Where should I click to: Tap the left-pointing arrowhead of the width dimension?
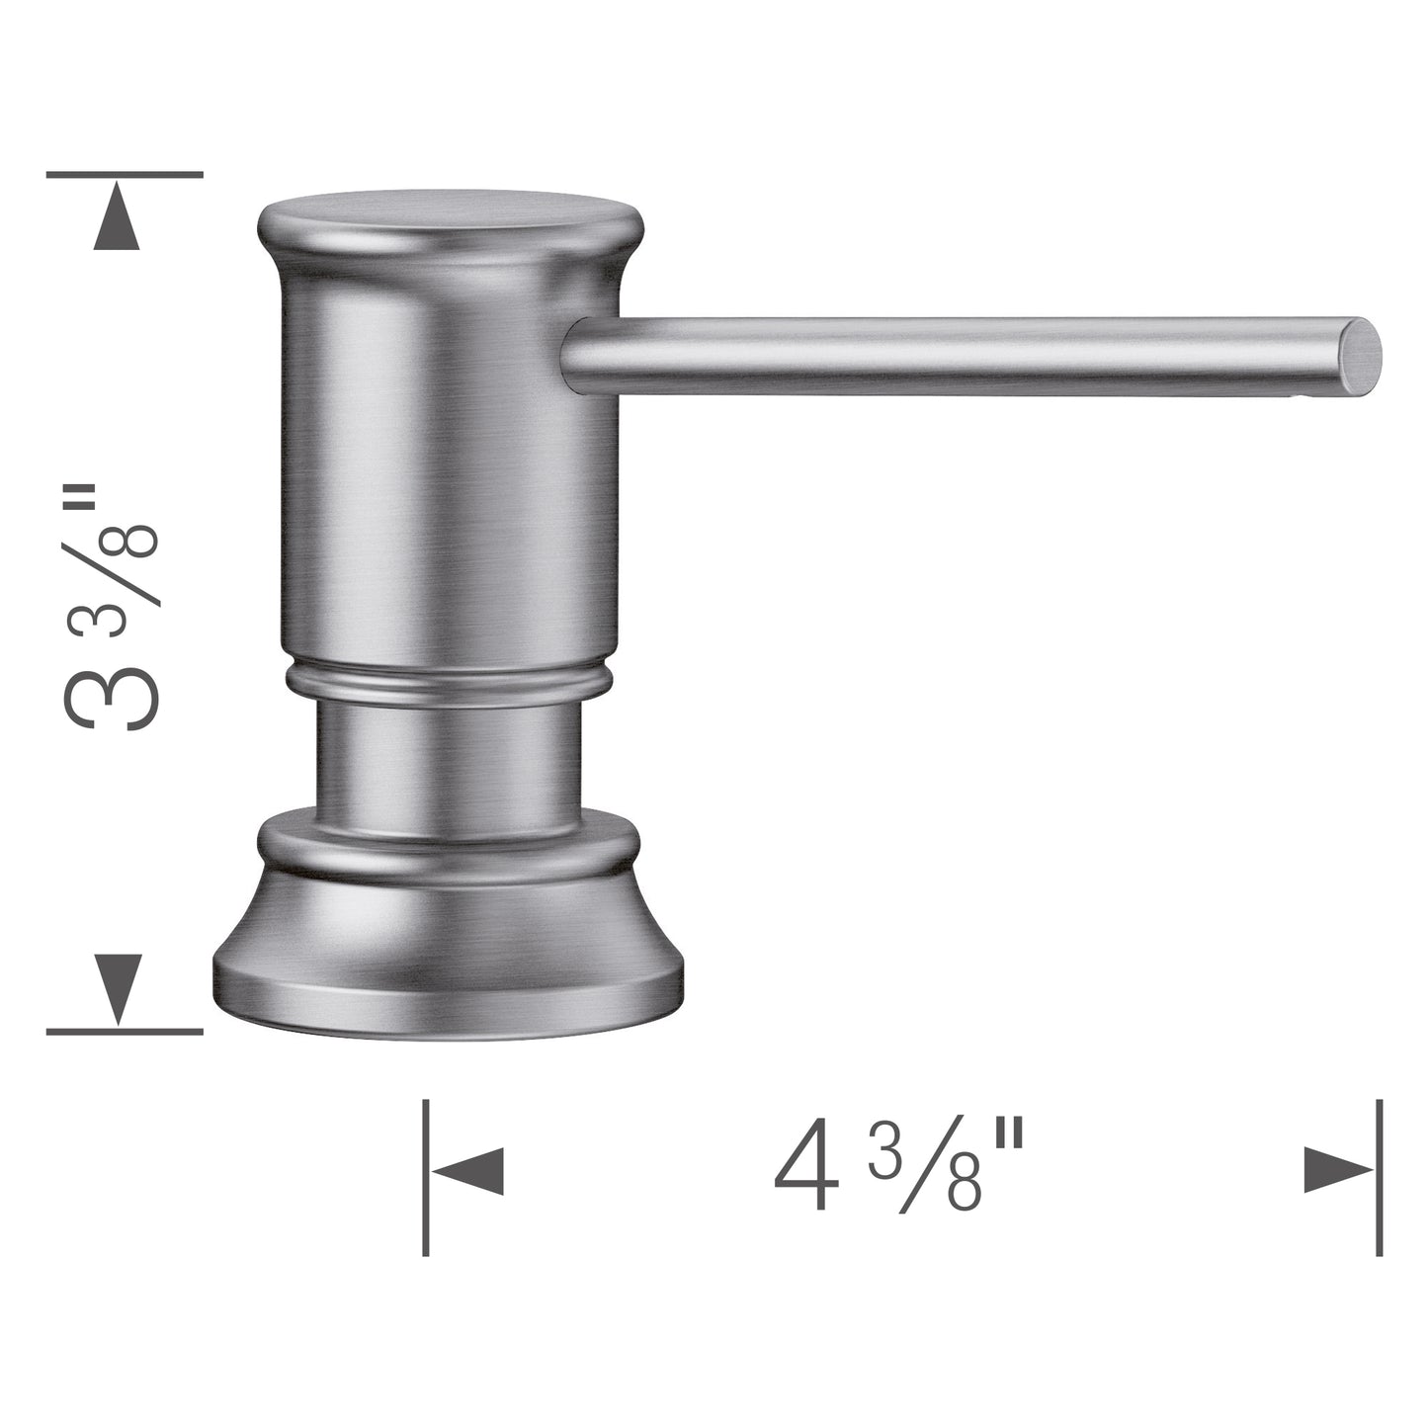tap(469, 1172)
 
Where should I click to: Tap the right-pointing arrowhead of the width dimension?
tap(1337, 1172)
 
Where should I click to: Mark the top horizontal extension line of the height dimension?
tap(125, 175)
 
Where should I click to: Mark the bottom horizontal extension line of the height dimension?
tap(125, 1031)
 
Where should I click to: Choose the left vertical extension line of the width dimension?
tap(425, 1176)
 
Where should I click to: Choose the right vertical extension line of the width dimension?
tap(1380, 1176)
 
